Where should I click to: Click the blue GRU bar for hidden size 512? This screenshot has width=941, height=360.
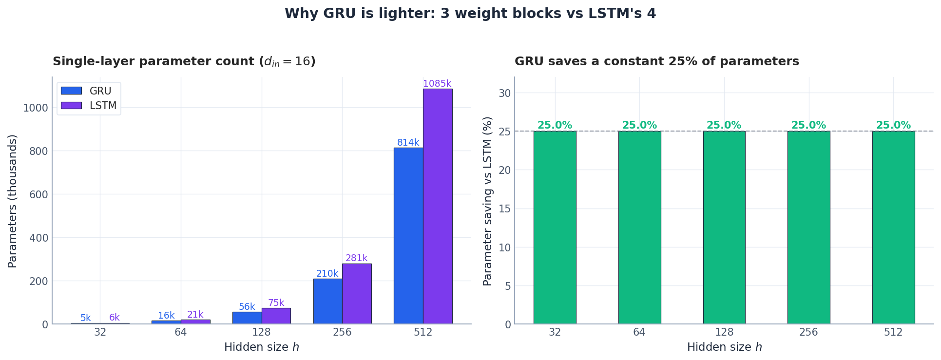click(x=408, y=236)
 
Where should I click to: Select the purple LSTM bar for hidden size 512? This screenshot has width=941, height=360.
click(x=438, y=207)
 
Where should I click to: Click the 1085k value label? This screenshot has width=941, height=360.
click(x=437, y=84)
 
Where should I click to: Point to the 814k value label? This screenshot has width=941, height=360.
click(x=408, y=143)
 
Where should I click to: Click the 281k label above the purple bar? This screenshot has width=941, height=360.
click(x=356, y=258)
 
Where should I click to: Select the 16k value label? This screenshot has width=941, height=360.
click(x=166, y=316)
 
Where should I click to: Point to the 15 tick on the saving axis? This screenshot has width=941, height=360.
click(x=505, y=209)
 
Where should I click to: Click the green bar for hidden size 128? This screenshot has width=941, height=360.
click(x=724, y=227)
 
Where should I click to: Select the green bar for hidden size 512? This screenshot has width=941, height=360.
click(x=893, y=227)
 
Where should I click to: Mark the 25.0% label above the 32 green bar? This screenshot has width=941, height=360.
click(x=555, y=125)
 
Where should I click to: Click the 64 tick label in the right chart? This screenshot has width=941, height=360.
click(x=639, y=333)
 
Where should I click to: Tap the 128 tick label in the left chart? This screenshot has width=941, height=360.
click(x=261, y=333)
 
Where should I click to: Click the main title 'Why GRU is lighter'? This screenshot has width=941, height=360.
click(x=470, y=14)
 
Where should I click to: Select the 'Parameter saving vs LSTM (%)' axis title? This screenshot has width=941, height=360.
click(x=488, y=201)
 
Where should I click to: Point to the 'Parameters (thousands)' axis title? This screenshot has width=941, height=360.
click(x=13, y=201)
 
